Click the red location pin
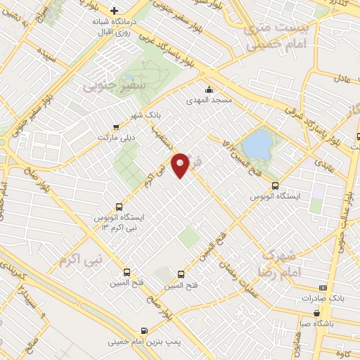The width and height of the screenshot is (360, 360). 181,165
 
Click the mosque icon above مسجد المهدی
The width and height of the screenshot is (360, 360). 209,89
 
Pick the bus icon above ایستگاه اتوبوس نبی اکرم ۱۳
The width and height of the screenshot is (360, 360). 118,207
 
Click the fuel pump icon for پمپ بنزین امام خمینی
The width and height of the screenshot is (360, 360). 145,330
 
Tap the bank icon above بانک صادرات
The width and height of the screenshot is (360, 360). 323,288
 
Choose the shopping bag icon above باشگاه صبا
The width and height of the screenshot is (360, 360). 318,313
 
